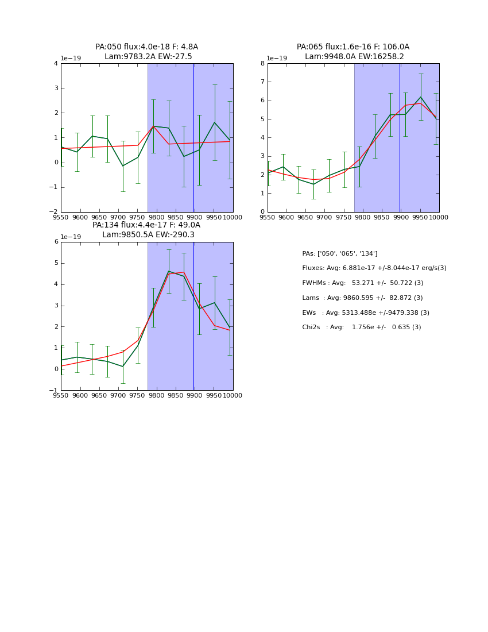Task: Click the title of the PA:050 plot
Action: [x=146, y=52]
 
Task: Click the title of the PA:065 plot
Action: [x=353, y=52]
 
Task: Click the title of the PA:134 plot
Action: [x=146, y=230]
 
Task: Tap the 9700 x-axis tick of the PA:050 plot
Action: [x=118, y=217]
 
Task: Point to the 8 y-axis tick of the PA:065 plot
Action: [x=262, y=64]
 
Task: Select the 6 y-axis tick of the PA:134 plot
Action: [x=56, y=242]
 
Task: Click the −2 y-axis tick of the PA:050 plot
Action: [x=55, y=212]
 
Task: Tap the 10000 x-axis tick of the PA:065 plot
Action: [x=439, y=217]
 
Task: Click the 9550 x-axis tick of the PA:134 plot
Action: [x=61, y=395]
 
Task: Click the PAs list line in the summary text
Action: [x=340, y=253]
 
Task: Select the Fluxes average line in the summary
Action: [x=374, y=268]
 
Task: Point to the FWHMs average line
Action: [x=362, y=283]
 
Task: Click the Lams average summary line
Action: [x=362, y=298]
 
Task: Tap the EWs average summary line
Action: [x=366, y=313]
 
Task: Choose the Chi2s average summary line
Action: [x=361, y=327]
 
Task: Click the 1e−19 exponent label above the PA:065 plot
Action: [x=277, y=59]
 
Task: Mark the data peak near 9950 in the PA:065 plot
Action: [x=420, y=97]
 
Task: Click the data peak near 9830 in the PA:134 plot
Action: [x=169, y=271]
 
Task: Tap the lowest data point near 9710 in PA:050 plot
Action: [x=123, y=166]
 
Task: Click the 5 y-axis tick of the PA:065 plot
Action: [x=262, y=120]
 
